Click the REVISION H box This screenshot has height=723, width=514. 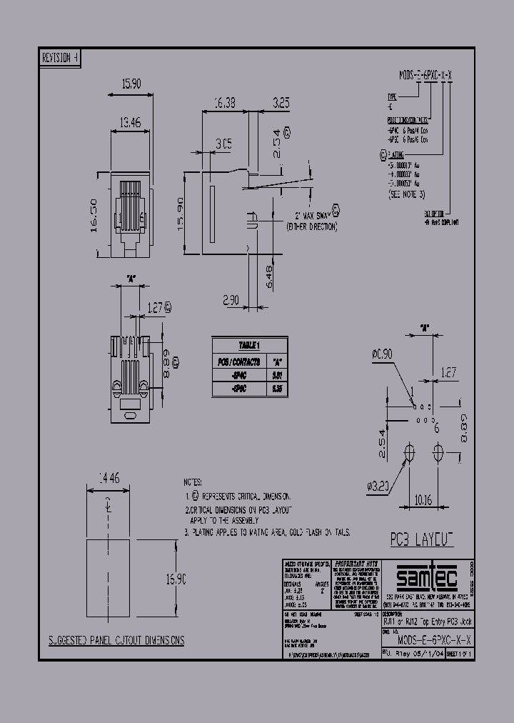[61, 59]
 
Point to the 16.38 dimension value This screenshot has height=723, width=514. [224, 103]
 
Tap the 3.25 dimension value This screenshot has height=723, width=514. [281, 103]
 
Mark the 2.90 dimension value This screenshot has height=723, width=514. [230, 301]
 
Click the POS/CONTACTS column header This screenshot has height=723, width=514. [238, 361]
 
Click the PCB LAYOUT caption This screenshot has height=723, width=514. [421, 538]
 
